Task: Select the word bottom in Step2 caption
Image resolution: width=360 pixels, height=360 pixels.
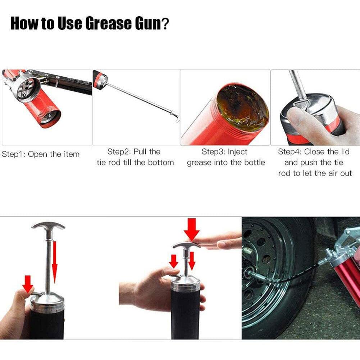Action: pos(159,163)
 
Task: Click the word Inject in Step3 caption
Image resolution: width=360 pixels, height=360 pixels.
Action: pos(237,152)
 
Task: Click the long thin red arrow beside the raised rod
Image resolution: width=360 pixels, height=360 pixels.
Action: pos(55,257)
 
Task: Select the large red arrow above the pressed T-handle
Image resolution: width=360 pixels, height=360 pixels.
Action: pos(191,228)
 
